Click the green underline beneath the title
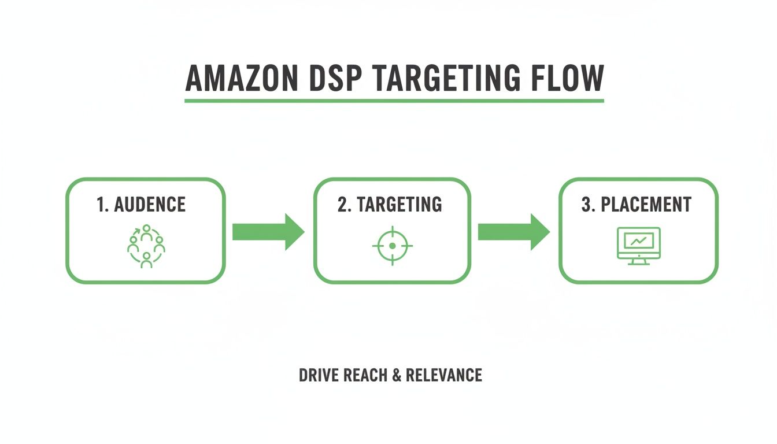[x=394, y=101]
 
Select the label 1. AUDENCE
[x=142, y=205]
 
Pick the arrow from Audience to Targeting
[x=268, y=231]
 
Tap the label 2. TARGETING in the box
[x=390, y=205]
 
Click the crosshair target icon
[x=393, y=246]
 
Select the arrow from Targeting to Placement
[x=513, y=231]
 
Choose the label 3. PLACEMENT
[x=636, y=205]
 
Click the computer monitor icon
[x=638, y=245]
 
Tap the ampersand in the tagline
[x=397, y=375]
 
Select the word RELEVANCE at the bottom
[x=443, y=375]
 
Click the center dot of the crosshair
[x=393, y=246]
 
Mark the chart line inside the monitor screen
[x=638, y=241]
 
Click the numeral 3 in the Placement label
[x=585, y=205]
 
